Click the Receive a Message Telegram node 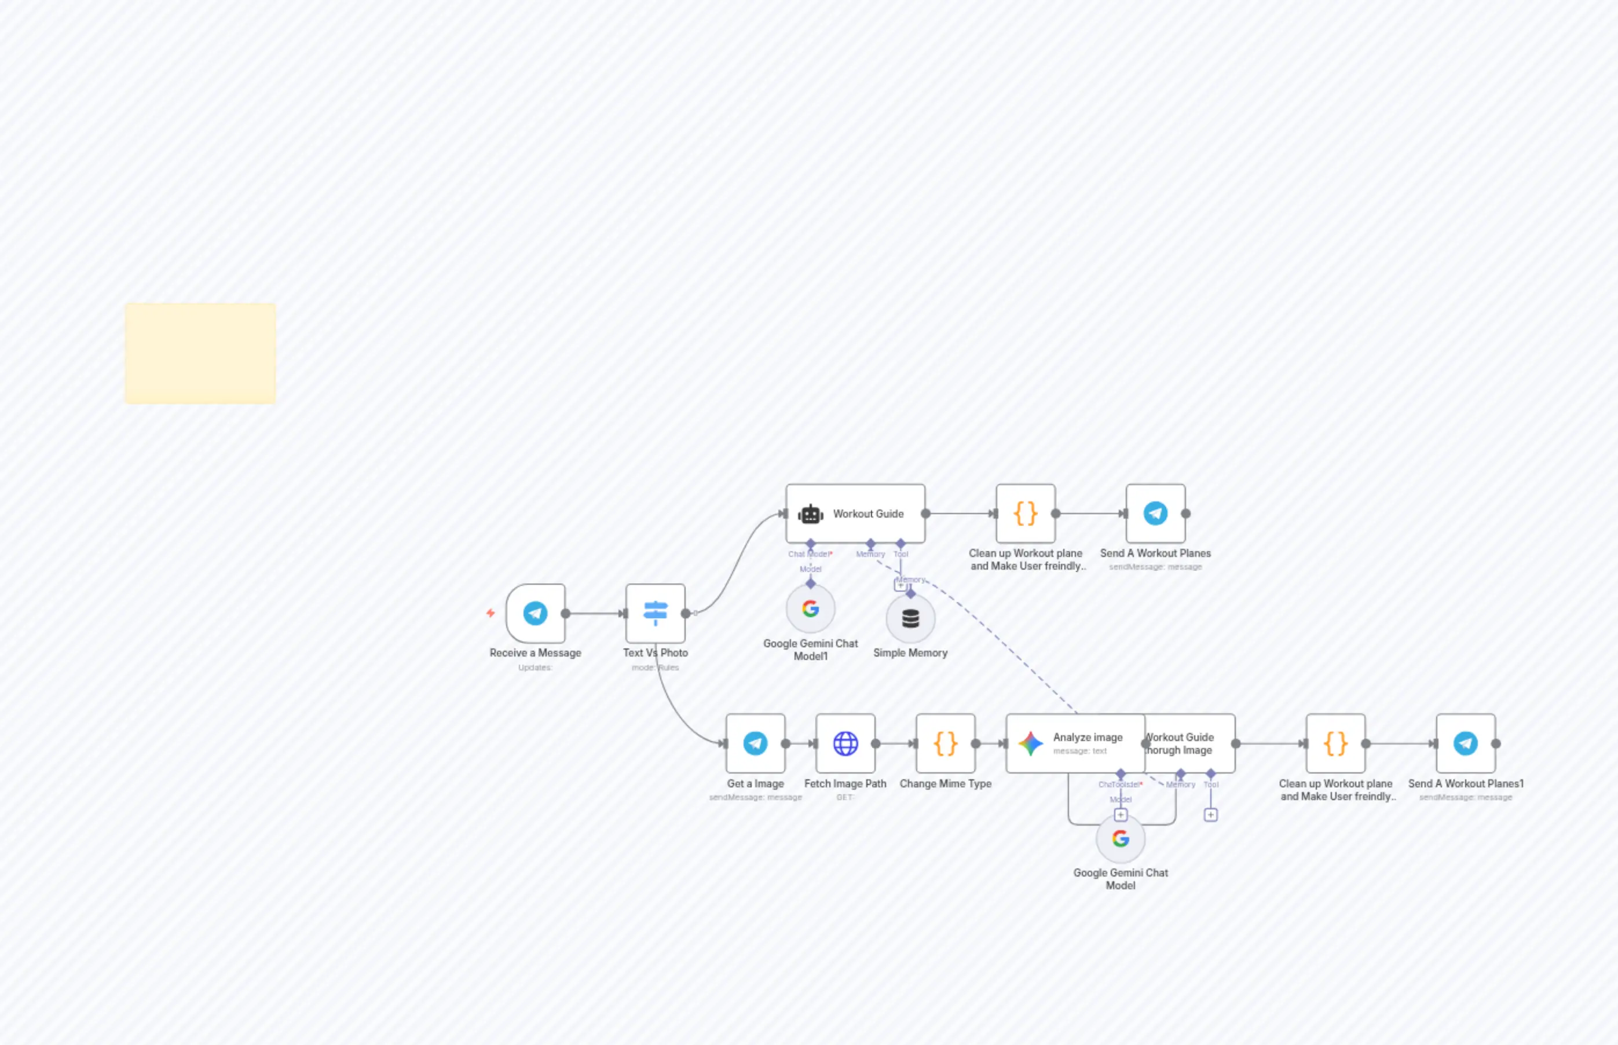536,614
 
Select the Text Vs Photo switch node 656,614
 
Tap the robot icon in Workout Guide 810,514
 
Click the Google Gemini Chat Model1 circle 810,608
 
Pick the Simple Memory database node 911,619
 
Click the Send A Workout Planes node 1156,514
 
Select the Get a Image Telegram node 755,744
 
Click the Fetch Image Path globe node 845,744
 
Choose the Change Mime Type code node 946,744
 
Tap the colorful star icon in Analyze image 1030,744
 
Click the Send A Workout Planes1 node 1466,744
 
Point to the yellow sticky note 200,354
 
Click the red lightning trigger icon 490,614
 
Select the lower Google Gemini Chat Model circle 1121,839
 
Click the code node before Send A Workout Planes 1026,514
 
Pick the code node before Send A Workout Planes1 1335,744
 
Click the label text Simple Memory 910,653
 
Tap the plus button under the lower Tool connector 1211,815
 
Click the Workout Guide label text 868,514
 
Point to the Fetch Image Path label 845,784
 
